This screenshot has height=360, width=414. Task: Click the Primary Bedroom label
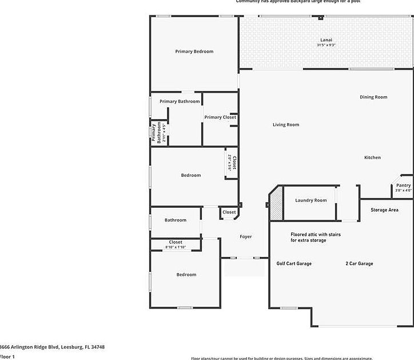[194, 52]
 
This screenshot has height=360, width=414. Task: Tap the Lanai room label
[325, 40]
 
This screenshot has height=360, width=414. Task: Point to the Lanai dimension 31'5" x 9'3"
[325, 45]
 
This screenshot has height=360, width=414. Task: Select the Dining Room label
[373, 97]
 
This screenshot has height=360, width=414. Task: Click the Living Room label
[285, 125]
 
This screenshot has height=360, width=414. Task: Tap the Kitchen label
[372, 157]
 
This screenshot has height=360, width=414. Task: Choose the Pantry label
[403, 185]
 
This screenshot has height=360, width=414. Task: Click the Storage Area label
[384, 210]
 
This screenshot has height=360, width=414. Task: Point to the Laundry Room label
[310, 200]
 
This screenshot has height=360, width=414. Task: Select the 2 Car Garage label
[359, 263]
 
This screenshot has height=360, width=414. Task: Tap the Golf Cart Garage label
[294, 263]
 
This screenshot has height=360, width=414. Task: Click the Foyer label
[245, 236]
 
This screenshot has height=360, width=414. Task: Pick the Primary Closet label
[220, 117]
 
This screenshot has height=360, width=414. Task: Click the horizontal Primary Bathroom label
[180, 101]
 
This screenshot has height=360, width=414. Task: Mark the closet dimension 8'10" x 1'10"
[176, 247]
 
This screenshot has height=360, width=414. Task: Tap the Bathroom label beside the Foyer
[175, 220]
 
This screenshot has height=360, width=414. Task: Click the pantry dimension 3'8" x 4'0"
[403, 191]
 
